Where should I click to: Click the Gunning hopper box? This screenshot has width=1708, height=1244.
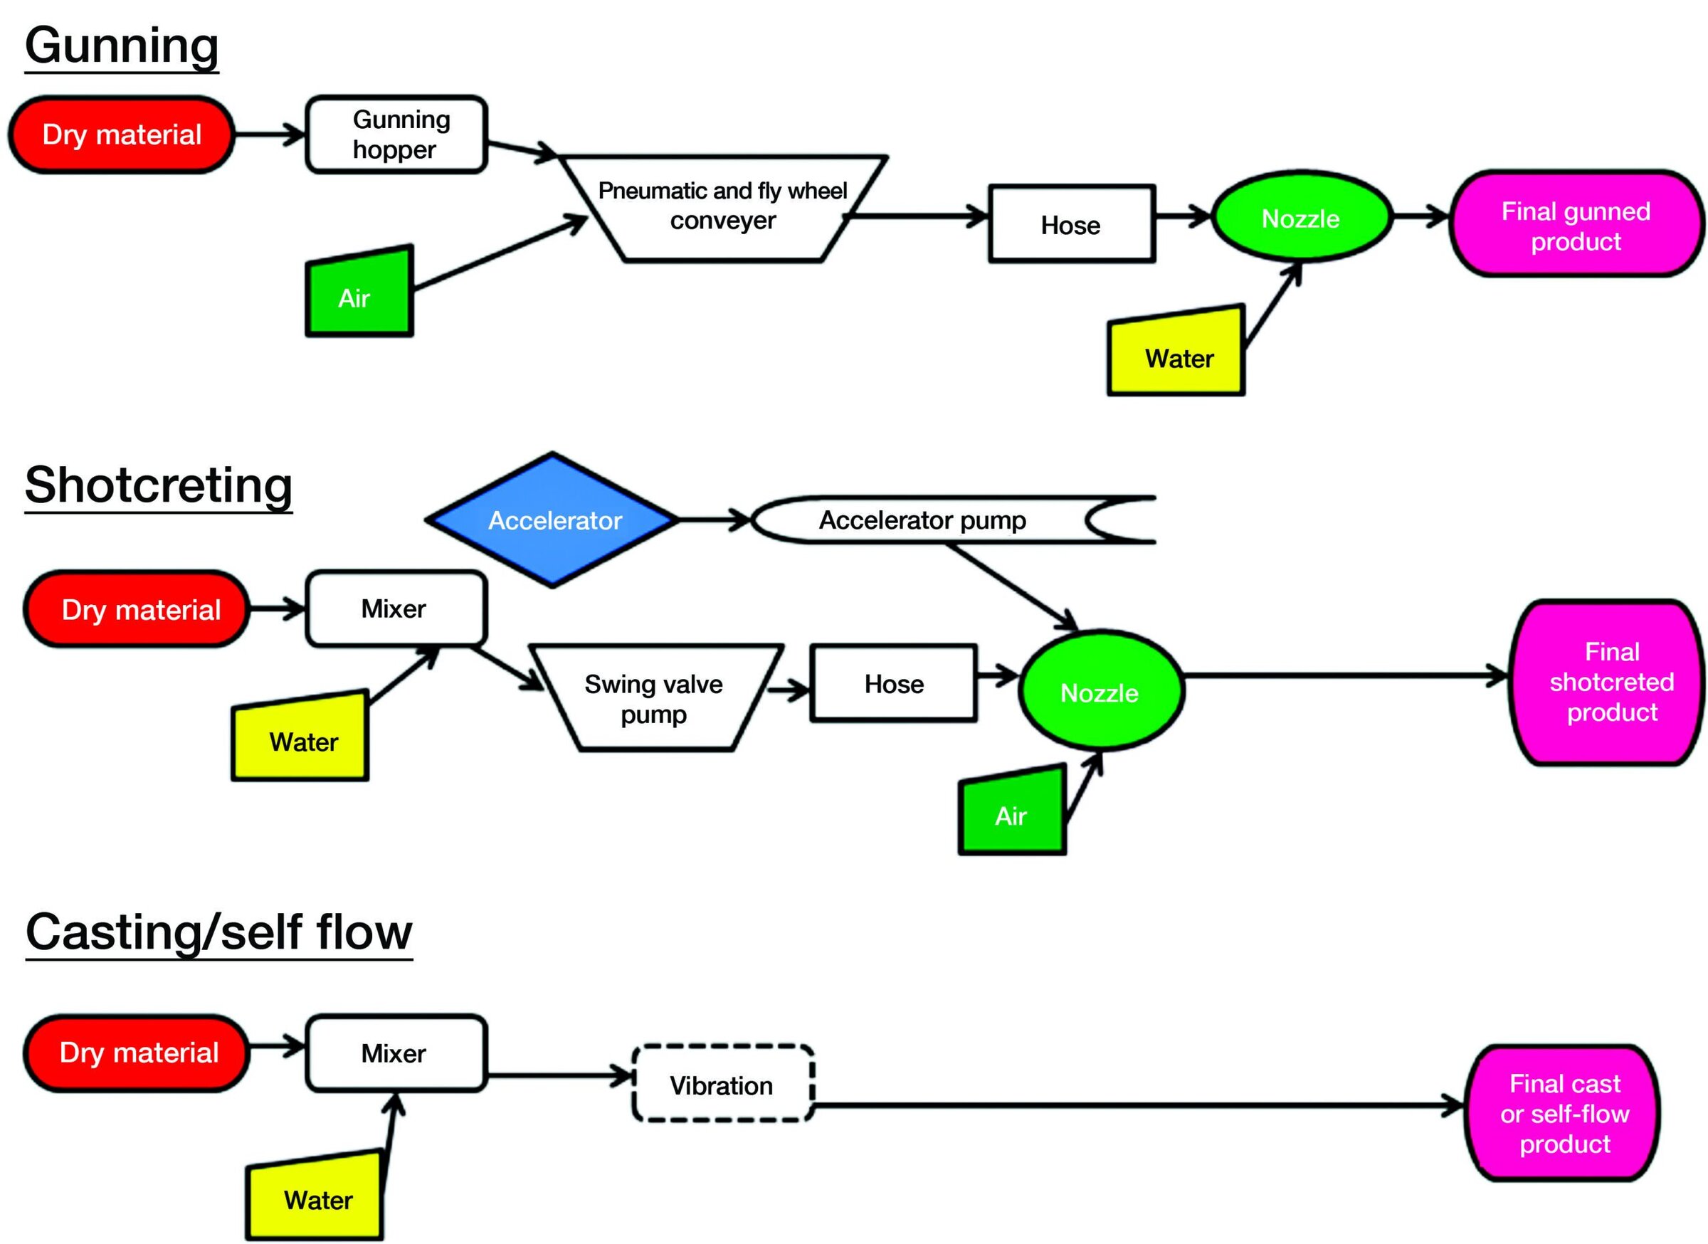396,135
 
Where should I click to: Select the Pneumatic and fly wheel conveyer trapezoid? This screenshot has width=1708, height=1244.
722,208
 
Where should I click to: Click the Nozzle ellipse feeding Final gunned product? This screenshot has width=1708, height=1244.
1301,218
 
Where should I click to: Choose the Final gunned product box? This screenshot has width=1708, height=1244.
1576,225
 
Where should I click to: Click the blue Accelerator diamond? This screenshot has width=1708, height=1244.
554,520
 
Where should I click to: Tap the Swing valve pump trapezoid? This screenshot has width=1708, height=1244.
654,698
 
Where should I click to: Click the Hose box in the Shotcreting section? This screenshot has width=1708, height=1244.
893,684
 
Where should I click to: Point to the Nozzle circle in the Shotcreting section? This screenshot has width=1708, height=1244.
1100,691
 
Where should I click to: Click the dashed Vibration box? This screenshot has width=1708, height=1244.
722,1085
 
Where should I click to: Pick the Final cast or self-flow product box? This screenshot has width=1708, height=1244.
1564,1113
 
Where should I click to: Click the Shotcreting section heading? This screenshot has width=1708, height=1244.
158,485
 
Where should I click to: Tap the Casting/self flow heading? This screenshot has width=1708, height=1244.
218,932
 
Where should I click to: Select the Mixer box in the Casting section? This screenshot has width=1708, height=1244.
394,1053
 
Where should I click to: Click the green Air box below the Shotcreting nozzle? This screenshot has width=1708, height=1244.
1011,813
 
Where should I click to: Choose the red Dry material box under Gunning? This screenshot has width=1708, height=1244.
121,135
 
